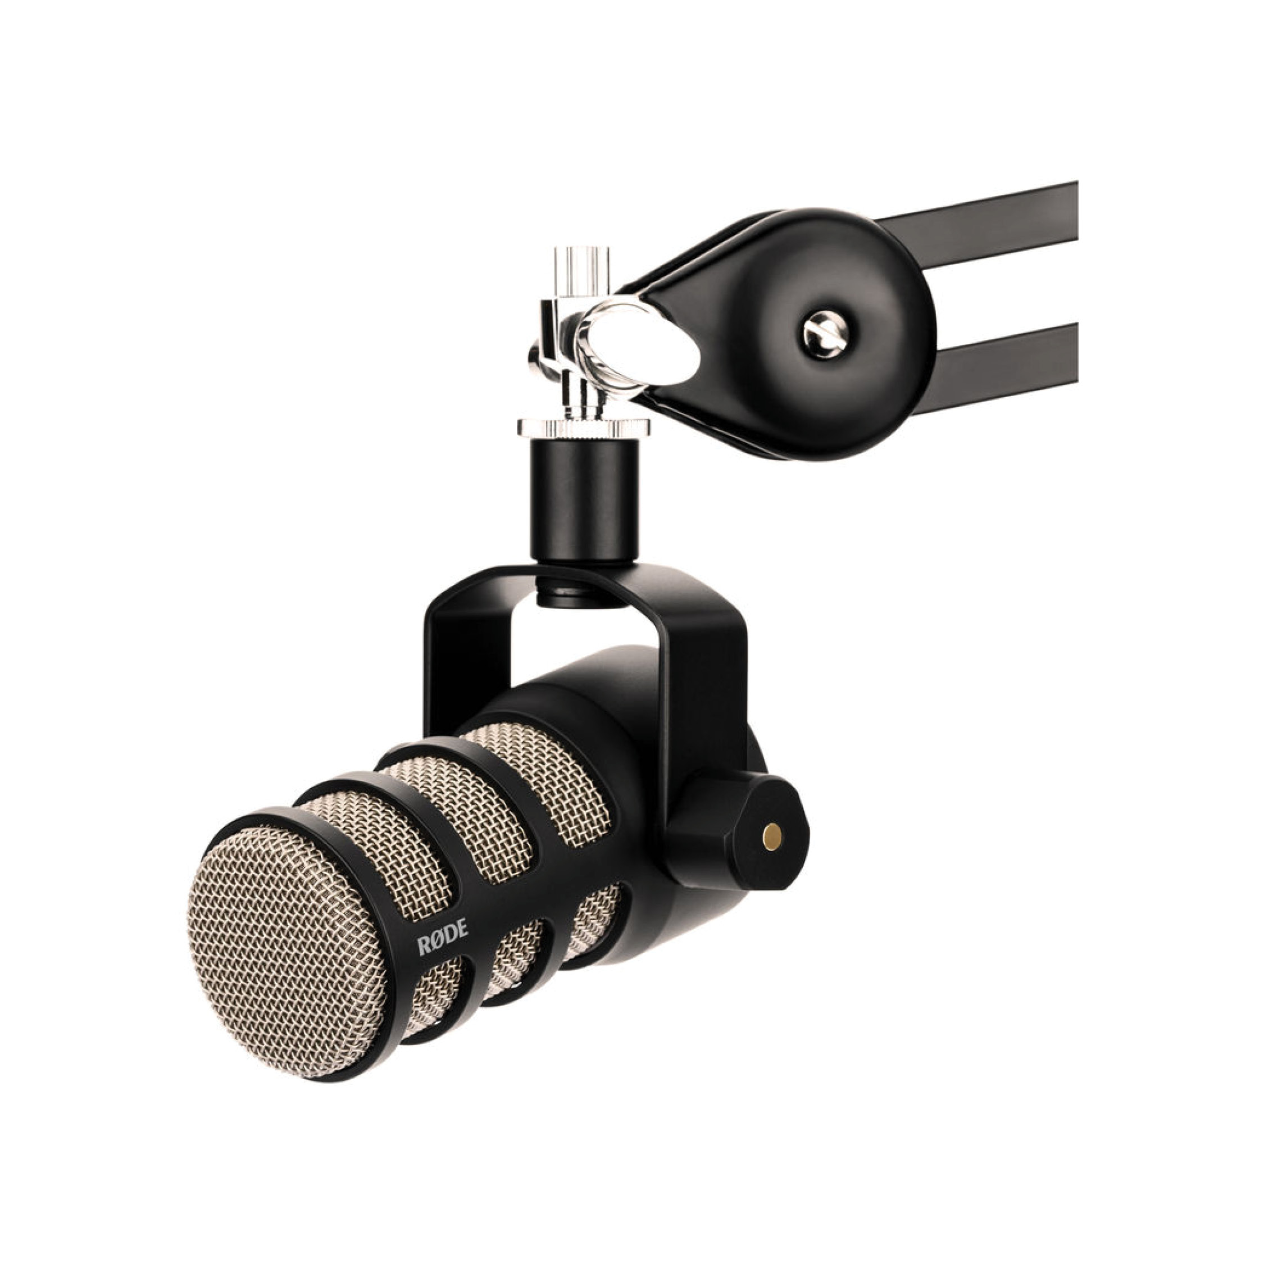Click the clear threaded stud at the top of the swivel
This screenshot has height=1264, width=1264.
[x=581, y=271]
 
